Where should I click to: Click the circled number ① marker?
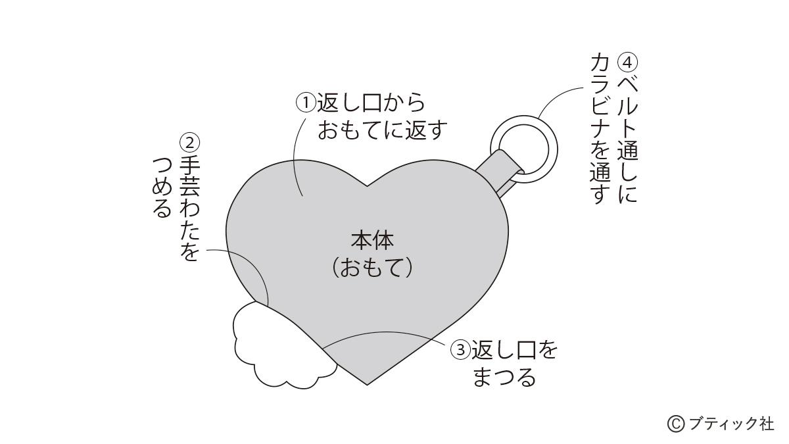(306, 103)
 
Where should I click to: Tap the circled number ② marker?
(190, 143)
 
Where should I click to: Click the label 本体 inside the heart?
(372, 240)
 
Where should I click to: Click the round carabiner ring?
(523, 149)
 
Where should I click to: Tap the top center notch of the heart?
(368, 186)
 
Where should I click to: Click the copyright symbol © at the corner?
(676, 424)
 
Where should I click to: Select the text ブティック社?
(731, 424)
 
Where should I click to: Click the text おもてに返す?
(383, 130)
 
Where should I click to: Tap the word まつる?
(504, 377)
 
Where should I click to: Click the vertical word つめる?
(162, 187)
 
